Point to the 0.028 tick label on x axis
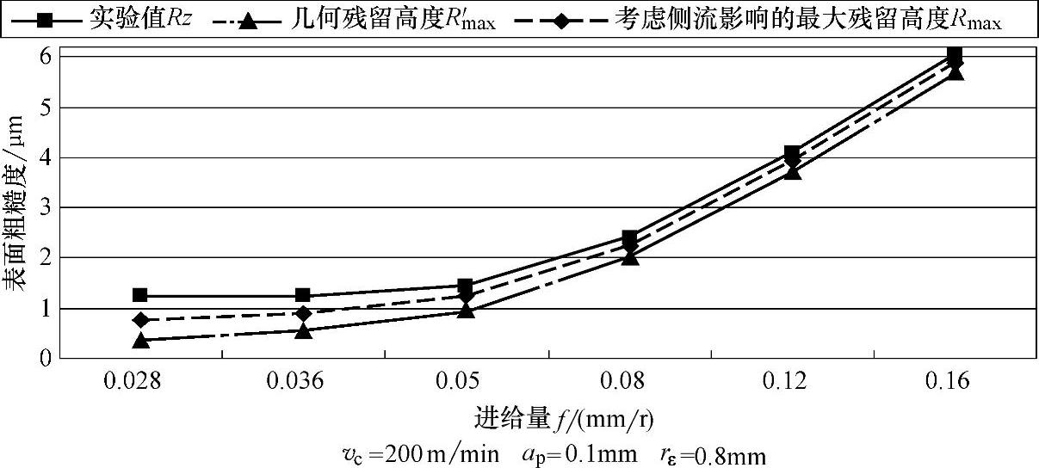(140, 381)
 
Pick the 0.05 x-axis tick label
(466, 381)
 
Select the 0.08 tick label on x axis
(629, 381)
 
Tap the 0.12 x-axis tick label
(792, 381)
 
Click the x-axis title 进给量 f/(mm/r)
(564, 419)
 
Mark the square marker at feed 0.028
(140, 295)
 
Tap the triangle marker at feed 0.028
(140, 340)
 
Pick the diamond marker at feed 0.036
(303, 313)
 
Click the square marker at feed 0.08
(629, 237)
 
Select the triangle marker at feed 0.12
(792, 171)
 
